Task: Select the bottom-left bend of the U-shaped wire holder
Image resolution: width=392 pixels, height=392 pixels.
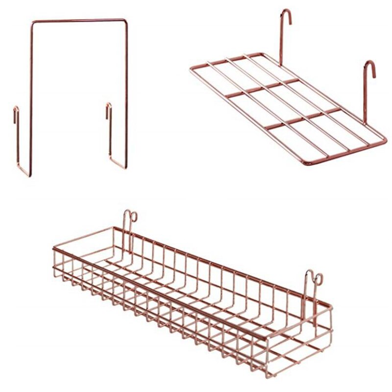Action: (25, 173)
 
